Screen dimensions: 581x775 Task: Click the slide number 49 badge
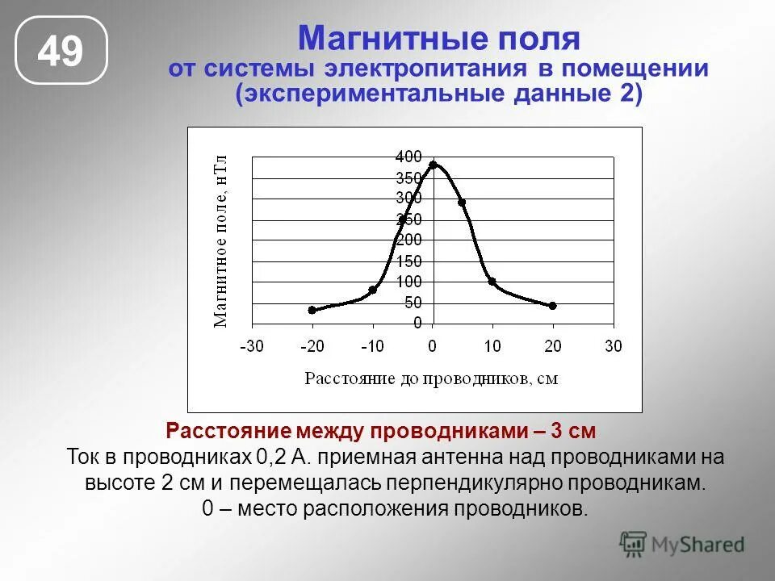tap(61, 50)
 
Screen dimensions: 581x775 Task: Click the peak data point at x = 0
tap(433, 165)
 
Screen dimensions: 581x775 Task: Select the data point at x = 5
tap(462, 203)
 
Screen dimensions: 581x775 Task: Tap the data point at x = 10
tap(492, 282)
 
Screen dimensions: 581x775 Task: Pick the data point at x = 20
tap(552, 306)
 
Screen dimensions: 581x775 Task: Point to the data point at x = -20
tap(312, 310)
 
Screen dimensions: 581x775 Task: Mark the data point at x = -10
tap(372, 290)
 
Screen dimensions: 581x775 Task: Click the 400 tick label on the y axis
tap(408, 157)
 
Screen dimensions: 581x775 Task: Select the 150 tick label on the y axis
tap(408, 261)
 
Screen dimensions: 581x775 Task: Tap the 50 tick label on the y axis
tap(412, 303)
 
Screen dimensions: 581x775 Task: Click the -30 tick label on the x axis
tap(251, 347)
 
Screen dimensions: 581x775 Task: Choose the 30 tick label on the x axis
tap(614, 347)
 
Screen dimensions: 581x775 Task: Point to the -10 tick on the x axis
tap(372, 347)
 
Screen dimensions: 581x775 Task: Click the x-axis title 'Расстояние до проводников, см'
tap(431, 378)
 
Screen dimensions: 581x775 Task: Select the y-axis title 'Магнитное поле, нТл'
tap(220, 240)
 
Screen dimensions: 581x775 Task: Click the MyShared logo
tap(682, 545)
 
